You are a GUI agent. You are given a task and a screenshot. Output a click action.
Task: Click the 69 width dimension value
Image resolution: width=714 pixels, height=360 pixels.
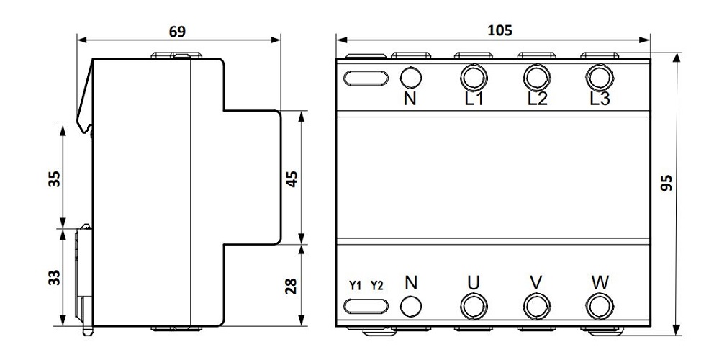pos(177,32)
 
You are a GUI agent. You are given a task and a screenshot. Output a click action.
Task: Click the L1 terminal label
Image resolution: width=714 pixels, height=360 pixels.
pos(473,99)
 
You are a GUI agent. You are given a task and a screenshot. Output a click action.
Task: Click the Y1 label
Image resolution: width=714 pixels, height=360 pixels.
pos(355,285)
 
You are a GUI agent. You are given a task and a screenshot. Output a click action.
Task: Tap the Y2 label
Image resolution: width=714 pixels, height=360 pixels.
pos(376,285)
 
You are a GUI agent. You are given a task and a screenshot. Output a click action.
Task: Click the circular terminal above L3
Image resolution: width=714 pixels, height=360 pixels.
pos(597,76)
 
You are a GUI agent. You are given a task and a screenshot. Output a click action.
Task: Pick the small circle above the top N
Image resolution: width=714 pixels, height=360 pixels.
pos(410,77)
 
